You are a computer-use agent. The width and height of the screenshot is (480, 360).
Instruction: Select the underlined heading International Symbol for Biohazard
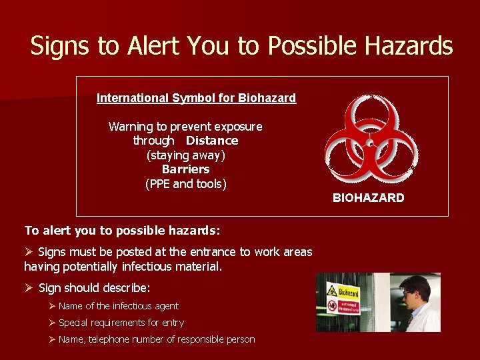pyautogui.click(x=196, y=98)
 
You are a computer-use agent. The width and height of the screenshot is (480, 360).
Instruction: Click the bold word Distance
pyautogui.click(x=212, y=141)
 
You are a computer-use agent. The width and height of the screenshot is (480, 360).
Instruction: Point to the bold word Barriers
pyautogui.click(x=185, y=169)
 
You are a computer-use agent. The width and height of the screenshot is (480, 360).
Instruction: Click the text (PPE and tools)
pyautogui.click(x=185, y=184)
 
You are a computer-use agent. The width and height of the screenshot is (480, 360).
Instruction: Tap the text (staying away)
pyautogui.click(x=185, y=155)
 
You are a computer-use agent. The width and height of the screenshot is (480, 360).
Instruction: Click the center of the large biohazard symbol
pyautogui.click(x=371, y=142)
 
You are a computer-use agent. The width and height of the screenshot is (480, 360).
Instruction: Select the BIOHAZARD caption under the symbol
pyautogui.click(x=368, y=198)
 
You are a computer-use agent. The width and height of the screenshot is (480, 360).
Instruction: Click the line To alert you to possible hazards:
pyautogui.click(x=122, y=230)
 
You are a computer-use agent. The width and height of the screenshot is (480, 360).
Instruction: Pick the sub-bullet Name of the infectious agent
pyautogui.click(x=118, y=306)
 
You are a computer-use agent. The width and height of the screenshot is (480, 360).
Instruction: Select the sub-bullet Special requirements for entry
pyautogui.click(x=121, y=323)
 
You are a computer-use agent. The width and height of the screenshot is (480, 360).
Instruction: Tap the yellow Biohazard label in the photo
pyautogui.click(x=348, y=292)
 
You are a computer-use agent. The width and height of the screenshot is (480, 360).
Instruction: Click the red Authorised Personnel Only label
pyautogui.click(x=348, y=306)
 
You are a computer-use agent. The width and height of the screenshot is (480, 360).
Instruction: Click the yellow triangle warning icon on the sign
pyautogui.click(x=331, y=291)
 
